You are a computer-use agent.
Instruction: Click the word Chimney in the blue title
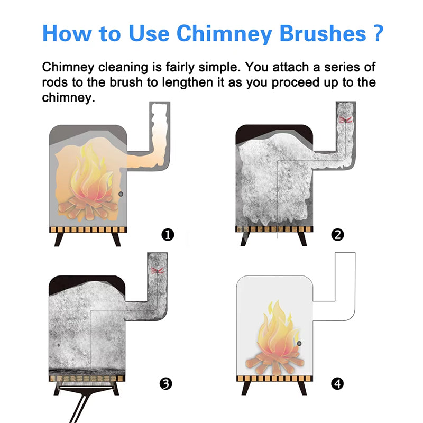click(220, 33)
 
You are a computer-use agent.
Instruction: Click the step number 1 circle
click(168, 235)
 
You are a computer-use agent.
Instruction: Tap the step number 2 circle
click(337, 235)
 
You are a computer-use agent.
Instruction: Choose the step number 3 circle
click(167, 383)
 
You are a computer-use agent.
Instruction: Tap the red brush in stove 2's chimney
click(346, 120)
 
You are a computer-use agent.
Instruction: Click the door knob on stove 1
click(121, 195)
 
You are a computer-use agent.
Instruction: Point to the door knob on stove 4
click(299, 344)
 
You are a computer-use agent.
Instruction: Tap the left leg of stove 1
click(60, 238)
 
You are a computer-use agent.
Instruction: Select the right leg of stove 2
click(302, 238)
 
